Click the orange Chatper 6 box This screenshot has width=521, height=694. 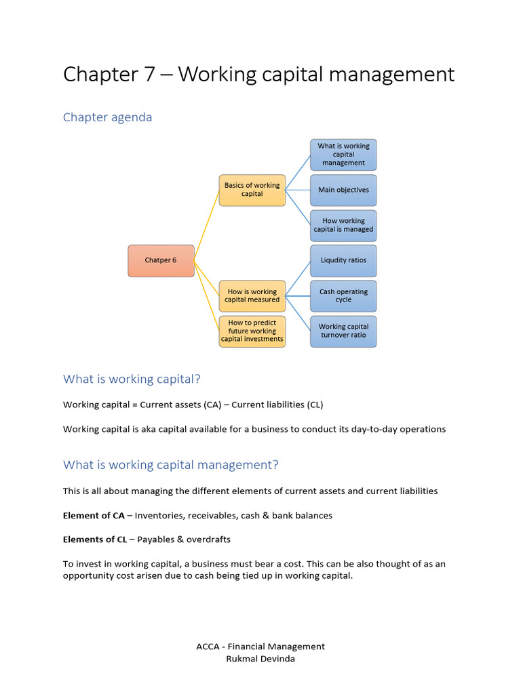tap(161, 260)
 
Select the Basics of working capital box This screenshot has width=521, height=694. tap(252, 190)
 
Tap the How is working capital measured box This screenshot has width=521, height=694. tap(252, 295)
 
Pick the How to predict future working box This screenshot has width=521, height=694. tap(252, 331)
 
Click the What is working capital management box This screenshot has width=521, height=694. tap(343, 155)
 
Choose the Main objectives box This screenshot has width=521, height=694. tap(343, 190)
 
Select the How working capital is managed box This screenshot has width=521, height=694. tap(343, 225)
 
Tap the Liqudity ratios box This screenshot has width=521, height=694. tap(343, 260)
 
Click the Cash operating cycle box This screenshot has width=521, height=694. tap(343, 295)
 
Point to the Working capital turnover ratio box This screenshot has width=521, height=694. tap(343, 331)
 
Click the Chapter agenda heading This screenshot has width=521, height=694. tap(107, 117)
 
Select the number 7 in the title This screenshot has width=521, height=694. tap(149, 75)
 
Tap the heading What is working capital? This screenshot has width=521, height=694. tap(132, 379)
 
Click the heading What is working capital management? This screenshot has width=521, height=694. tap(170, 465)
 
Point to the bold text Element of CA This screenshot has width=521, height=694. tap(94, 516)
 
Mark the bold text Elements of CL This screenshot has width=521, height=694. tap(95, 540)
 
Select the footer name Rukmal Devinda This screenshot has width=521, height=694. tap(260, 659)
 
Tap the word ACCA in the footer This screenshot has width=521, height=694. tap(208, 647)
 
